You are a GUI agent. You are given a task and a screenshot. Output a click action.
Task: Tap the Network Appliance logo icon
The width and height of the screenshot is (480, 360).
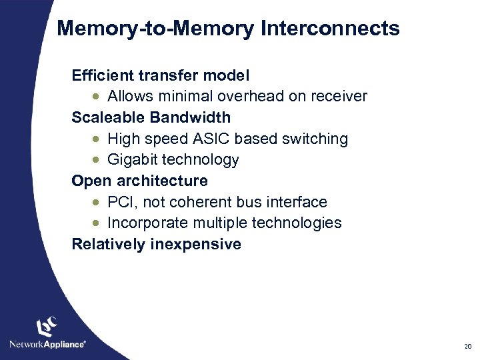coord(47,327)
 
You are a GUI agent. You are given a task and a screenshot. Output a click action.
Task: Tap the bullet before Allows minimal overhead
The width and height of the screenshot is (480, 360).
coord(97,97)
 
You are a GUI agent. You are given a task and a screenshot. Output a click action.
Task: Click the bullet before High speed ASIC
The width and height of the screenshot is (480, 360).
coord(97,139)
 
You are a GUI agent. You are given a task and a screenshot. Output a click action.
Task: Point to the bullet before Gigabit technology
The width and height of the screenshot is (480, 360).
coord(97,160)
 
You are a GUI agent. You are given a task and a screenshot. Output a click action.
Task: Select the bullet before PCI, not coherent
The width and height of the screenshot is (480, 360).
coord(97,202)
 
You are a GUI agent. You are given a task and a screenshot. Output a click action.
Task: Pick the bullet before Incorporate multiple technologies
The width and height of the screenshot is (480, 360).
coord(97,223)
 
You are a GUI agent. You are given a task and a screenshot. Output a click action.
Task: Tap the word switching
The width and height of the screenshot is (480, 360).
coord(315,139)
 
